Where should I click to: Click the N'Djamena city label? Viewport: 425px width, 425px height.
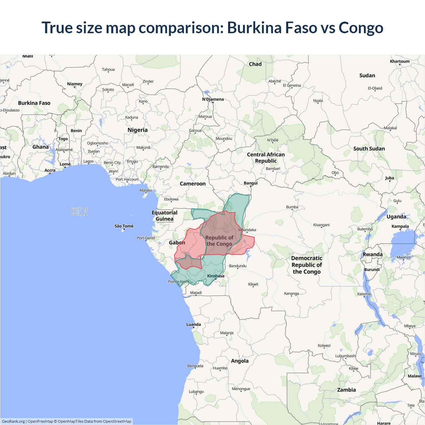[x=213, y=99]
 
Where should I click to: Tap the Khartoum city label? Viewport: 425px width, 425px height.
[x=399, y=61]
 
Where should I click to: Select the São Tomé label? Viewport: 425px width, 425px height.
[x=124, y=226]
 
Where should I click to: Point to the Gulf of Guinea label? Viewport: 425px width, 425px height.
[x=79, y=212]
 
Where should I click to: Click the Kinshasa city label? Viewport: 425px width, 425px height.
[x=215, y=276]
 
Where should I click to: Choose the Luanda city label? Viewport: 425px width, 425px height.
[x=194, y=324]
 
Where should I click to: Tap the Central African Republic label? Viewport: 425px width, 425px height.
[x=266, y=158]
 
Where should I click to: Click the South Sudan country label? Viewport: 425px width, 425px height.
[x=369, y=149]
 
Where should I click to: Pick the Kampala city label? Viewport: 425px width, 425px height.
[x=400, y=226]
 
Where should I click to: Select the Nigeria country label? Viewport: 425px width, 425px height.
[x=137, y=130]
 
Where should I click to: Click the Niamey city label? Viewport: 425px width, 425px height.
[x=75, y=84]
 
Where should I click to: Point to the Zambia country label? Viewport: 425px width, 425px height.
[x=346, y=390]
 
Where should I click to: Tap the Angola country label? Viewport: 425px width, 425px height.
[x=240, y=361]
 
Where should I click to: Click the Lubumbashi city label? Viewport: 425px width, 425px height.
[x=345, y=356]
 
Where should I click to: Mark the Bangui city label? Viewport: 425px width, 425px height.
[x=251, y=183]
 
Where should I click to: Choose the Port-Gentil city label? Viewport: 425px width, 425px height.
[x=146, y=238]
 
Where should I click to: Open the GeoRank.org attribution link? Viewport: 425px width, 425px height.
[x=13, y=421]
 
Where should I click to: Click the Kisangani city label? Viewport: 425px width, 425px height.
[x=321, y=225]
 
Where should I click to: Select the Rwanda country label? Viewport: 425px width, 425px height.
[x=373, y=254]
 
